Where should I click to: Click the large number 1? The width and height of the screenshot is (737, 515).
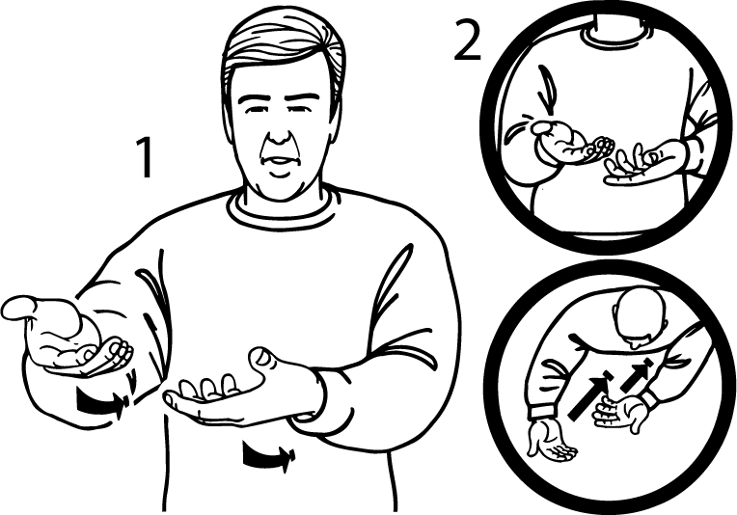144,159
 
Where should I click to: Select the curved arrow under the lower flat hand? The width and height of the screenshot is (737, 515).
265,456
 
